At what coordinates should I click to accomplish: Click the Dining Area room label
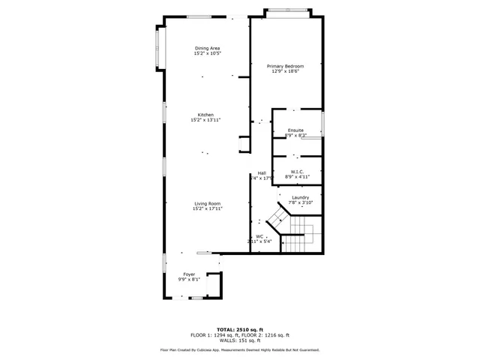coord(207,49)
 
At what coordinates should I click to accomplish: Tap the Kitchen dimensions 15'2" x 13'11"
coord(207,120)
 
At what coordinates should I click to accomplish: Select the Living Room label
coord(207,203)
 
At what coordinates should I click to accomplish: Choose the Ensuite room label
coord(295,130)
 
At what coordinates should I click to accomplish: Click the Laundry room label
coord(300,197)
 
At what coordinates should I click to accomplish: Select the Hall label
coord(262,172)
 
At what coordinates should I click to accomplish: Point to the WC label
coord(259,237)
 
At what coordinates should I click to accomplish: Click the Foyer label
coord(189,274)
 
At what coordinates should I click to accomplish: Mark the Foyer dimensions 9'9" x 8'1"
coord(189,280)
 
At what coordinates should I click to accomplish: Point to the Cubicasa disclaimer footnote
coord(239,349)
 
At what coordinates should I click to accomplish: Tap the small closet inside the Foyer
coord(214,286)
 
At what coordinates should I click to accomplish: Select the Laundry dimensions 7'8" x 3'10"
coord(300,202)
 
